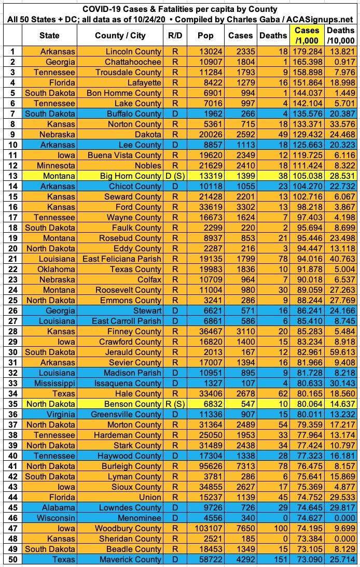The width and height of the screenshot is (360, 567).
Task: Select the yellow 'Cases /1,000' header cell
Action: [x=307, y=35]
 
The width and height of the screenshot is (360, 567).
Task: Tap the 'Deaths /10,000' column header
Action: [x=341, y=35]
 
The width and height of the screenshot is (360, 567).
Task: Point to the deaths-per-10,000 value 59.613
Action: [x=341, y=352]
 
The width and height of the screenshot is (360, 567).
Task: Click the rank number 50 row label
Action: [x=11, y=560]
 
